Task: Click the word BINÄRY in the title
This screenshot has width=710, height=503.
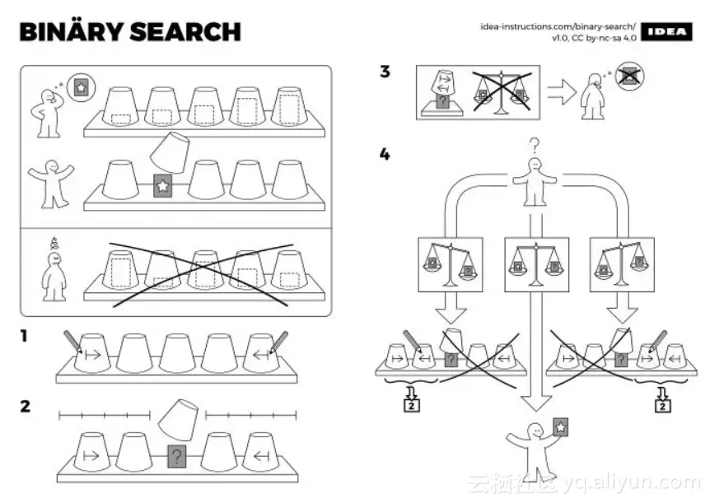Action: coord(70,32)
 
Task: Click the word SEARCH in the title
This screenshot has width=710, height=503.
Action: coord(185,32)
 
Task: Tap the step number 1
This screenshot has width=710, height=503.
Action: coord(25,337)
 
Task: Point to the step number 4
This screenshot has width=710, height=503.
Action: coord(385,155)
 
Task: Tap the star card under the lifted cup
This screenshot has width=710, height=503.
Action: coord(162,187)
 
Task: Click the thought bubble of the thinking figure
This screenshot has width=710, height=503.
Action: coord(80,86)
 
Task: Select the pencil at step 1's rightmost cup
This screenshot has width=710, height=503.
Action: coord(279,342)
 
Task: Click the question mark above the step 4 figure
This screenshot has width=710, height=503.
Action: coord(534,147)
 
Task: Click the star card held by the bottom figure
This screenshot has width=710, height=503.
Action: coord(560,427)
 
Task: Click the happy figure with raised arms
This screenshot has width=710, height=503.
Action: coord(51,181)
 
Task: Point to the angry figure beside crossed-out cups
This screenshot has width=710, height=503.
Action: coord(54,272)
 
